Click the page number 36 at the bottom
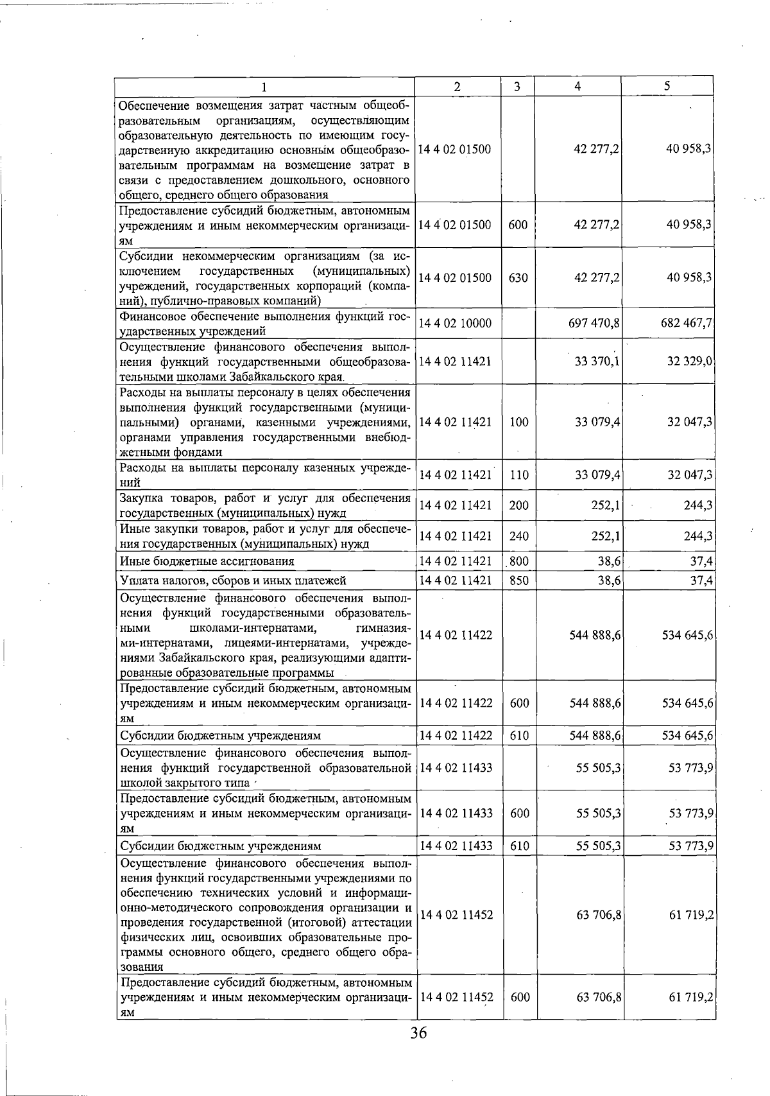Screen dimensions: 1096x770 (x=418, y=1051)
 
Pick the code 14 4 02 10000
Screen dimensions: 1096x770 (x=455, y=324)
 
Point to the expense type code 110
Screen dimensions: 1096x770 (x=518, y=475)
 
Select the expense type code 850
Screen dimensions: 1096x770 (x=518, y=580)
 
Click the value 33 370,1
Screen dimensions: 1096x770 (x=597, y=361)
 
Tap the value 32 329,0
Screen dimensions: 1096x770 (x=690, y=361)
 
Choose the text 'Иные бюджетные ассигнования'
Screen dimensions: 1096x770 (x=207, y=561)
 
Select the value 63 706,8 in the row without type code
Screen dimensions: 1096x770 (x=598, y=914)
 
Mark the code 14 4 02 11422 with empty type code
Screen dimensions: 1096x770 (x=456, y=635)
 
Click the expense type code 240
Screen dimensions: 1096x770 (x=518, y=536)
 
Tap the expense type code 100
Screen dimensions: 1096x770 (x=518, y=422)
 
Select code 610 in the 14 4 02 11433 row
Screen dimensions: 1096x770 (x=518, y=846)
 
